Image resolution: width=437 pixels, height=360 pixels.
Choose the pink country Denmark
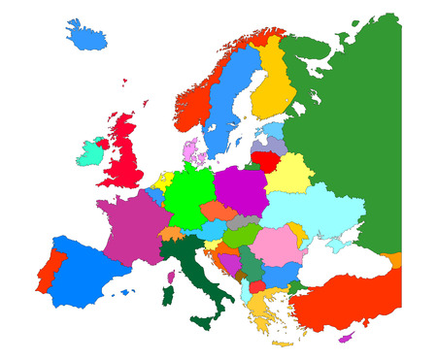click(191, 150)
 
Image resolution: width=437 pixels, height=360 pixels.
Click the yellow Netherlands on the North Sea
click(161, 181)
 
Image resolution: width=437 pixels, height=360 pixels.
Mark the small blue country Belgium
click(154, 195)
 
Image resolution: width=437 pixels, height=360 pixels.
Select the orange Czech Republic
click(218, 211)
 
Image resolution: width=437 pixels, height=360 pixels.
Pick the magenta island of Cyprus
click(344, 339)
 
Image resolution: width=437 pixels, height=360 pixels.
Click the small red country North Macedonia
click(256, 286)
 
